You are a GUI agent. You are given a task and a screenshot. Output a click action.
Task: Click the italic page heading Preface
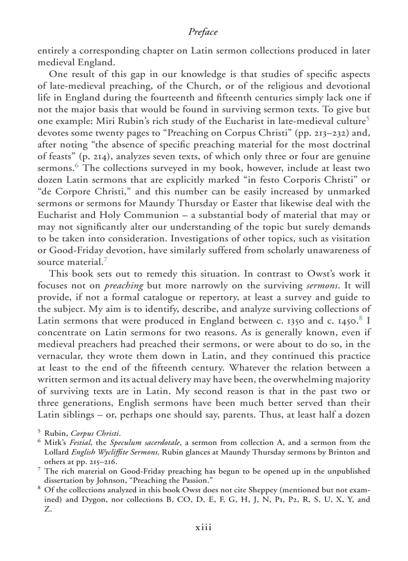click(203, 32)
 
